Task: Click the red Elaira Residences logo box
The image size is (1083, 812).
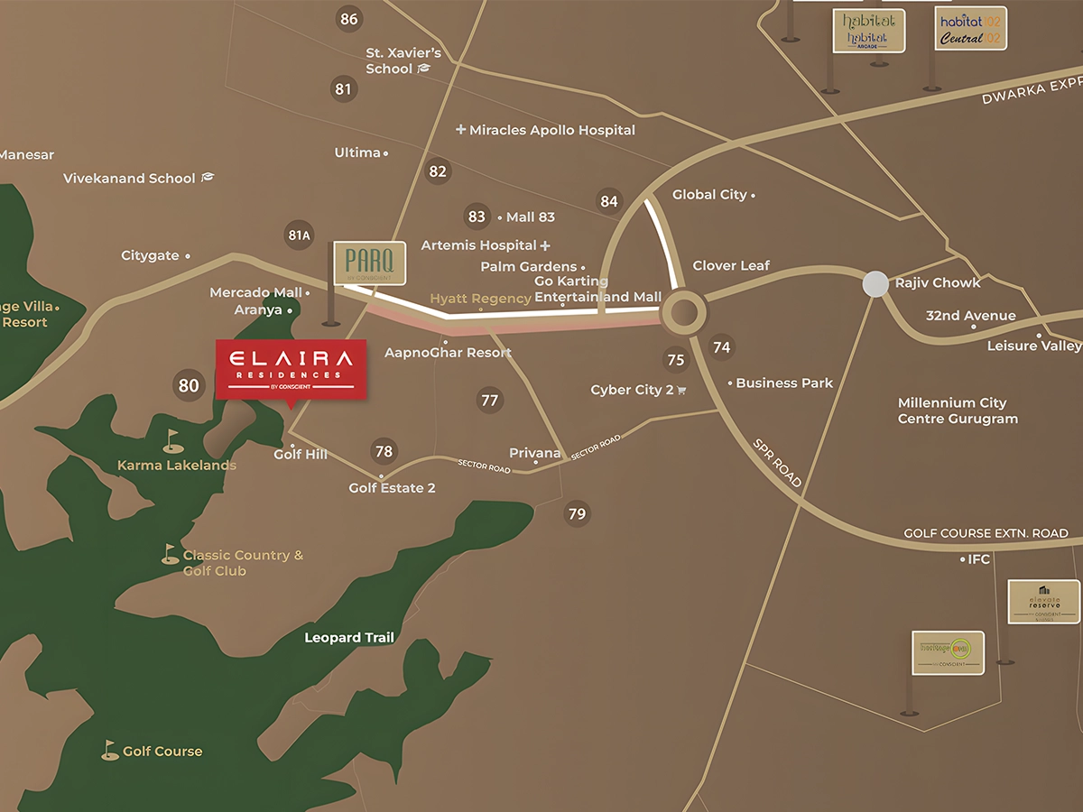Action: [290, 368]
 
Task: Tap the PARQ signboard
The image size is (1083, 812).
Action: [369, 263]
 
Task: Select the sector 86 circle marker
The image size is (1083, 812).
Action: [348, 19]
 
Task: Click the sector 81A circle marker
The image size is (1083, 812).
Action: [299, 236]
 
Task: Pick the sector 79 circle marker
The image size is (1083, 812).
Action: [577, 514]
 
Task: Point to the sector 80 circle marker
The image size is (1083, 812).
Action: [188, 386]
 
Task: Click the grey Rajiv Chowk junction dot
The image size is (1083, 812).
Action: [875, 284]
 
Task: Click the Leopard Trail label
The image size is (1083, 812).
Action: [348, 638]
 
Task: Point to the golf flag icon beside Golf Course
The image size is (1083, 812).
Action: [110, 750]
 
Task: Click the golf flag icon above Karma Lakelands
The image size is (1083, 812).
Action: [173, 440]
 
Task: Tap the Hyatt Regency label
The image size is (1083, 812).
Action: [480, 299]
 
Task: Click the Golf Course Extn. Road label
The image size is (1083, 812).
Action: [986, 533]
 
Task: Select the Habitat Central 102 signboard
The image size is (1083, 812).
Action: [970, 30]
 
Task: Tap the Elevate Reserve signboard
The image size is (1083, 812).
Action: [1043, 602]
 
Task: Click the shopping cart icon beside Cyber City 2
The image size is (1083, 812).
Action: [681, 390]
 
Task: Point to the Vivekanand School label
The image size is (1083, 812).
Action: [129, 179]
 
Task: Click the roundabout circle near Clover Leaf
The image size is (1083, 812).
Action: [684, 313]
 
